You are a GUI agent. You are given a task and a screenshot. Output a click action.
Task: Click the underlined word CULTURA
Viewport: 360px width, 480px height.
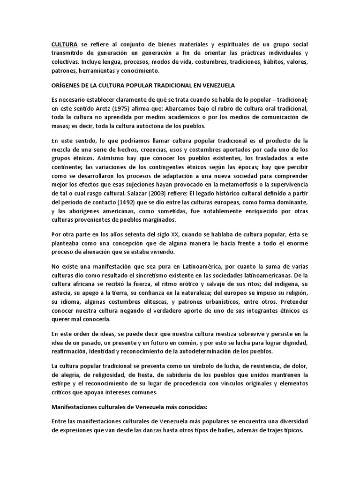pyautogui.click(x=64, y=44)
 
